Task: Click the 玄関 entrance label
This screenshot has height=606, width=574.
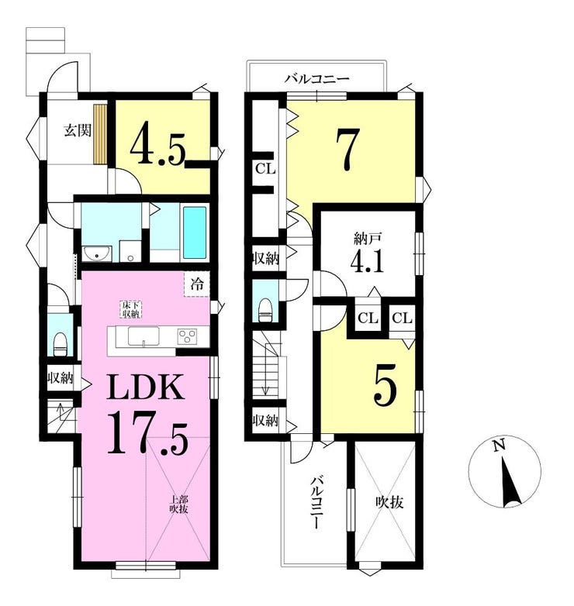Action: [78, 131]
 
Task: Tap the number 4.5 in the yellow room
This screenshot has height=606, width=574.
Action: [157, 143]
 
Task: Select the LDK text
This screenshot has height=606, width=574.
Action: [145, 387]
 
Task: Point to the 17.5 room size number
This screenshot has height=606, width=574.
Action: [147, 433]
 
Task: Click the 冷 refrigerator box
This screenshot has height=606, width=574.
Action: [197, 285]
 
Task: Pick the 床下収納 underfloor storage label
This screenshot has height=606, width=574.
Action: [131, 309]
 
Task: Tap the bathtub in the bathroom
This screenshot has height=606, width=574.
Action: [195, 232]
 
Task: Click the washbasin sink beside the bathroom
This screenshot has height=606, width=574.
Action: [98, 254]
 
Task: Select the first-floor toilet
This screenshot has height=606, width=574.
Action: [60, 344]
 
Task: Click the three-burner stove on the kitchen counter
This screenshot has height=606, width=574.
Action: [188, 336]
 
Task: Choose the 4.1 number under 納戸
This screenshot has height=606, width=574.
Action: [367, 262]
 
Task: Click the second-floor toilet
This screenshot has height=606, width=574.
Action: [265, 310]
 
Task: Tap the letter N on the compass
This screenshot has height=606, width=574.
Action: [500, 446]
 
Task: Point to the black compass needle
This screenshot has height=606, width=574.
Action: [510, 482]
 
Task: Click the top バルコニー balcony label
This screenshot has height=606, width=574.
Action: [317, 80]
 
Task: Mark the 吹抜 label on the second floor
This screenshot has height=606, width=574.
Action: [390, 502]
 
